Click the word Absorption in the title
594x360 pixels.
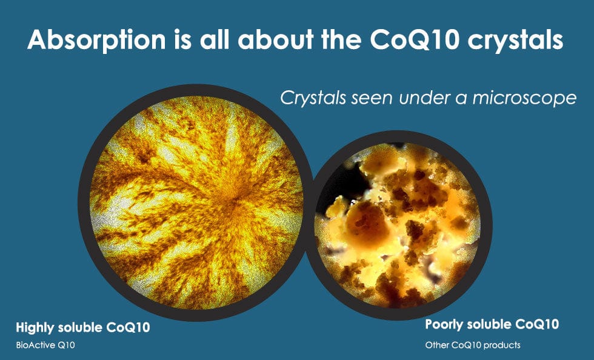click(x=96, y=40)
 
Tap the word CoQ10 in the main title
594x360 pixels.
click(x=415, y=39)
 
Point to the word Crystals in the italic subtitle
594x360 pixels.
click(x=313, y=98)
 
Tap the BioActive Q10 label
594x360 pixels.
click(x=45, y=345)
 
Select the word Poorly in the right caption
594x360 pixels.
click(x=443, y=325)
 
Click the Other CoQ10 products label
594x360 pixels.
click(x=473, y=345)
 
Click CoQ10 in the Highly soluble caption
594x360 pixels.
click(x=128, y=328)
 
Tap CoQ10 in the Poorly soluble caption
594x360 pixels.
click(x=537, y=325)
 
